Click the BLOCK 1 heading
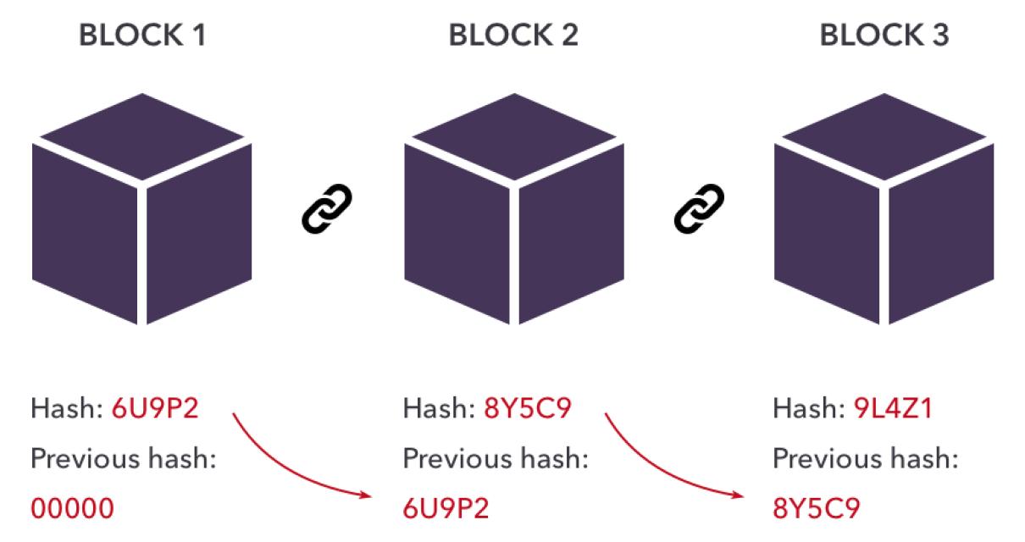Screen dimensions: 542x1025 pos(141,36)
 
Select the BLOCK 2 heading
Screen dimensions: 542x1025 pos(513,36)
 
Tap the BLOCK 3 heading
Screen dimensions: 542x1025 pos(884,36)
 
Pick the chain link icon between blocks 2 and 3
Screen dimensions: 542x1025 pos(699,208)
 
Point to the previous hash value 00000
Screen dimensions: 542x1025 pos(72,508)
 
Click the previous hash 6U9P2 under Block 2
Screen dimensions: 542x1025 pos(446,508)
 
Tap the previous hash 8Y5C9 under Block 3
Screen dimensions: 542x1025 pos(816,508)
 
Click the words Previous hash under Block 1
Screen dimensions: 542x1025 pos(124,459)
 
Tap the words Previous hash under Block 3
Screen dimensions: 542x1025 pos(865,459)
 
